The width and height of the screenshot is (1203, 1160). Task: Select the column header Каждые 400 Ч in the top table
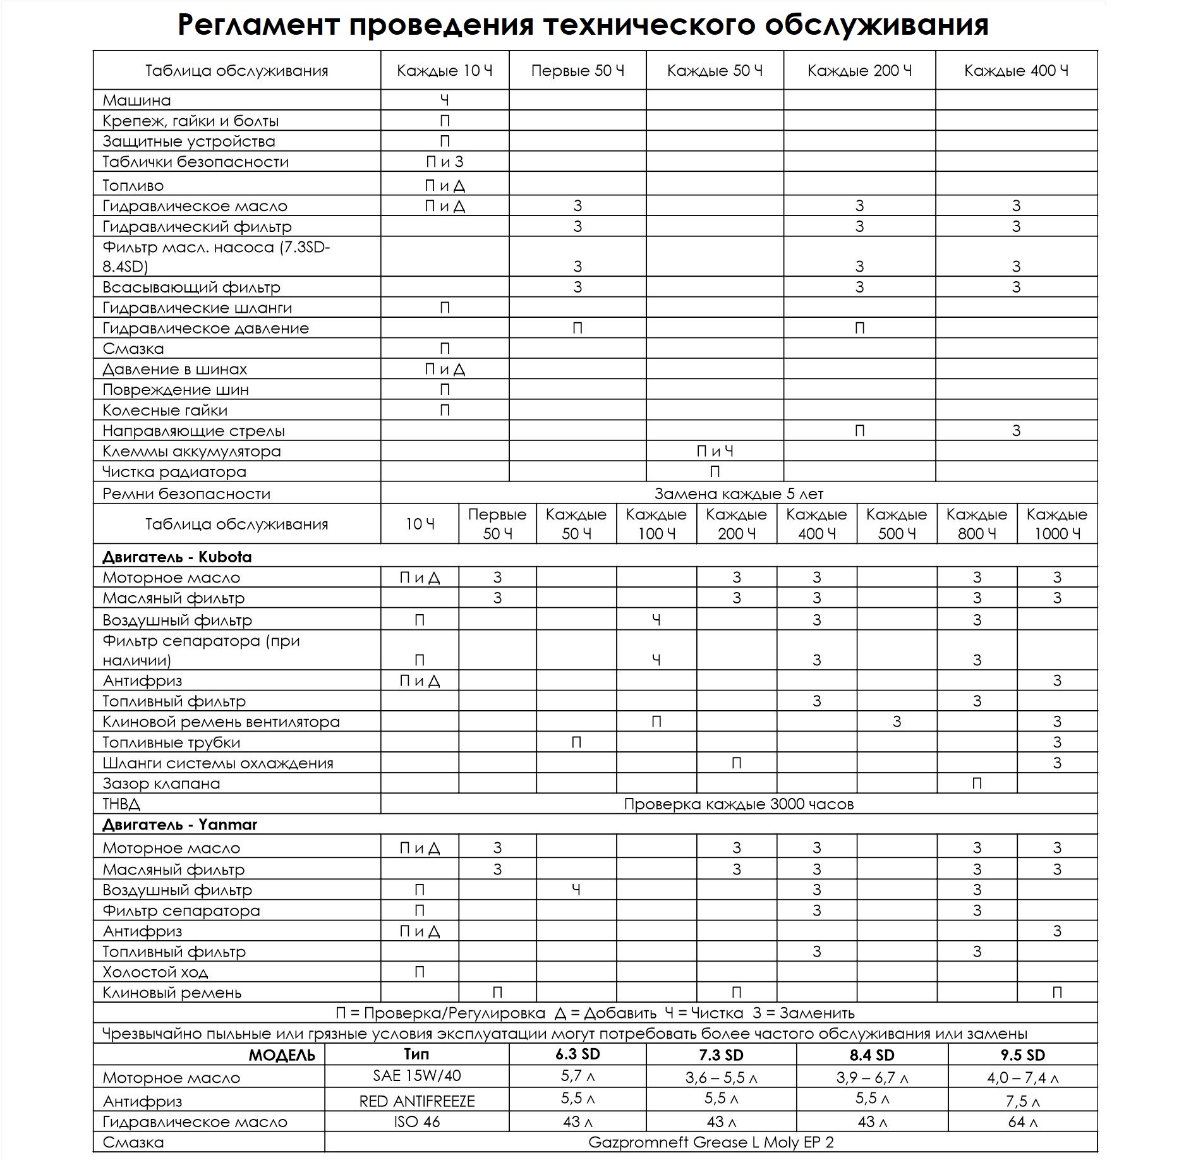[x=1016, y=71]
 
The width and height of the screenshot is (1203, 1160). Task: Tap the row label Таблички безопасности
[x=195, y=162]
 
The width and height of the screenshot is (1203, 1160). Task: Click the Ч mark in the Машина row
[x=445, y=100]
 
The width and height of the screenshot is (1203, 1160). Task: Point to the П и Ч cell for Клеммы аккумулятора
[x=715, y=451]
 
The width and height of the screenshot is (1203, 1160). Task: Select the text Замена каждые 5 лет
[x=739, y=493]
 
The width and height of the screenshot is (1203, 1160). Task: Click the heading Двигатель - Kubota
[x=177, y=557]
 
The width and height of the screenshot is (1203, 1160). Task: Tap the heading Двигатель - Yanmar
[x=179, y=825]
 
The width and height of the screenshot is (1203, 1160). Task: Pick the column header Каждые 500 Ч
[x=897, y=524]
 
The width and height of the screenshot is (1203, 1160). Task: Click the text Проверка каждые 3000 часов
[x=739, y=804]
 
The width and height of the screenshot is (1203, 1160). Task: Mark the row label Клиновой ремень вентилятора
[x=221, y=722]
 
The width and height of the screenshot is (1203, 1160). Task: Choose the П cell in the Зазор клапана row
[x=977, y=784]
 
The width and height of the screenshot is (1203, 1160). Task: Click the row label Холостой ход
[x=155, y=972]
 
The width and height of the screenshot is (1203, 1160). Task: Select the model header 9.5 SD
[x=1022, y=1054]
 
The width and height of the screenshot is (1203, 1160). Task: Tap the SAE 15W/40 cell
[x=417, y=1075]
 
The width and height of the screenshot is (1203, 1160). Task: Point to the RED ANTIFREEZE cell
[x=417, y=1101]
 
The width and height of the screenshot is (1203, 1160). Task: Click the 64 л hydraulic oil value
[x=1022, y=1122]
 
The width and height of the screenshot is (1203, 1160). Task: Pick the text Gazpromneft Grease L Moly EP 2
[x=711, y=1142]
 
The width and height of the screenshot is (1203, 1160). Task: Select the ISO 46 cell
[x=417, y=1122]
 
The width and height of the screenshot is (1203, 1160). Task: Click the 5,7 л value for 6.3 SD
[x=577, y=1075]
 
